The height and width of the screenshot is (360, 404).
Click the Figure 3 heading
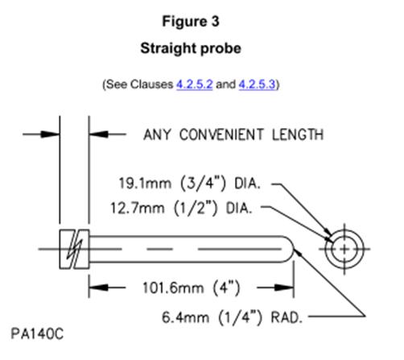click(x=191, y=22)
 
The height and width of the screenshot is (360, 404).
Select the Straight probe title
click(x=191, y=48)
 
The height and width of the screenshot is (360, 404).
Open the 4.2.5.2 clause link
click(x=195, y=85)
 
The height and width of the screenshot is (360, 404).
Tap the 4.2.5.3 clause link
click(x=257, y=85)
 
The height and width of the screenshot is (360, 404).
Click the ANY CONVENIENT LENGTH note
click(x=233, y=134)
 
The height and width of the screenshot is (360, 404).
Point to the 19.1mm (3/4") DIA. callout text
click(x=190, y=184)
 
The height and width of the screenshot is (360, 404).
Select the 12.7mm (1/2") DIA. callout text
click(x=181, y=208)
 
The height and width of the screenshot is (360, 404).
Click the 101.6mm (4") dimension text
click(x=192, y=288)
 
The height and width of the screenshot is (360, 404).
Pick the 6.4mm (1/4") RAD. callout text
click(x=233, y=317)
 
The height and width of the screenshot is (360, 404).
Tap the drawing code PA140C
click(x=37, y=334)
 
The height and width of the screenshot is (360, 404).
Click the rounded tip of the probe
click(x=291, y=249)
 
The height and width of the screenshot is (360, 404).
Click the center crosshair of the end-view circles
click(x=344, y=249)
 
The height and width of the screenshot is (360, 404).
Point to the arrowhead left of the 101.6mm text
click(x=99, y=288)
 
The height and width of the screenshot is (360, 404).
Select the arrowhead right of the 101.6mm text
click(x=284, y=288)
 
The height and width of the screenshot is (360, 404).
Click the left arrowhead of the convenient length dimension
click(x=50, y=134)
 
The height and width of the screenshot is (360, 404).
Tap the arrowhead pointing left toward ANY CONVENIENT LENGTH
click(x=99, y=134)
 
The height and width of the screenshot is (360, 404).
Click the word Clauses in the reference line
click(x=151, y=85)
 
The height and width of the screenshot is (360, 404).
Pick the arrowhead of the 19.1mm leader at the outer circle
click(x=328, y=231)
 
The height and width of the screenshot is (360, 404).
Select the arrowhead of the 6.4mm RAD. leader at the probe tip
click(x=298, y=252)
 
